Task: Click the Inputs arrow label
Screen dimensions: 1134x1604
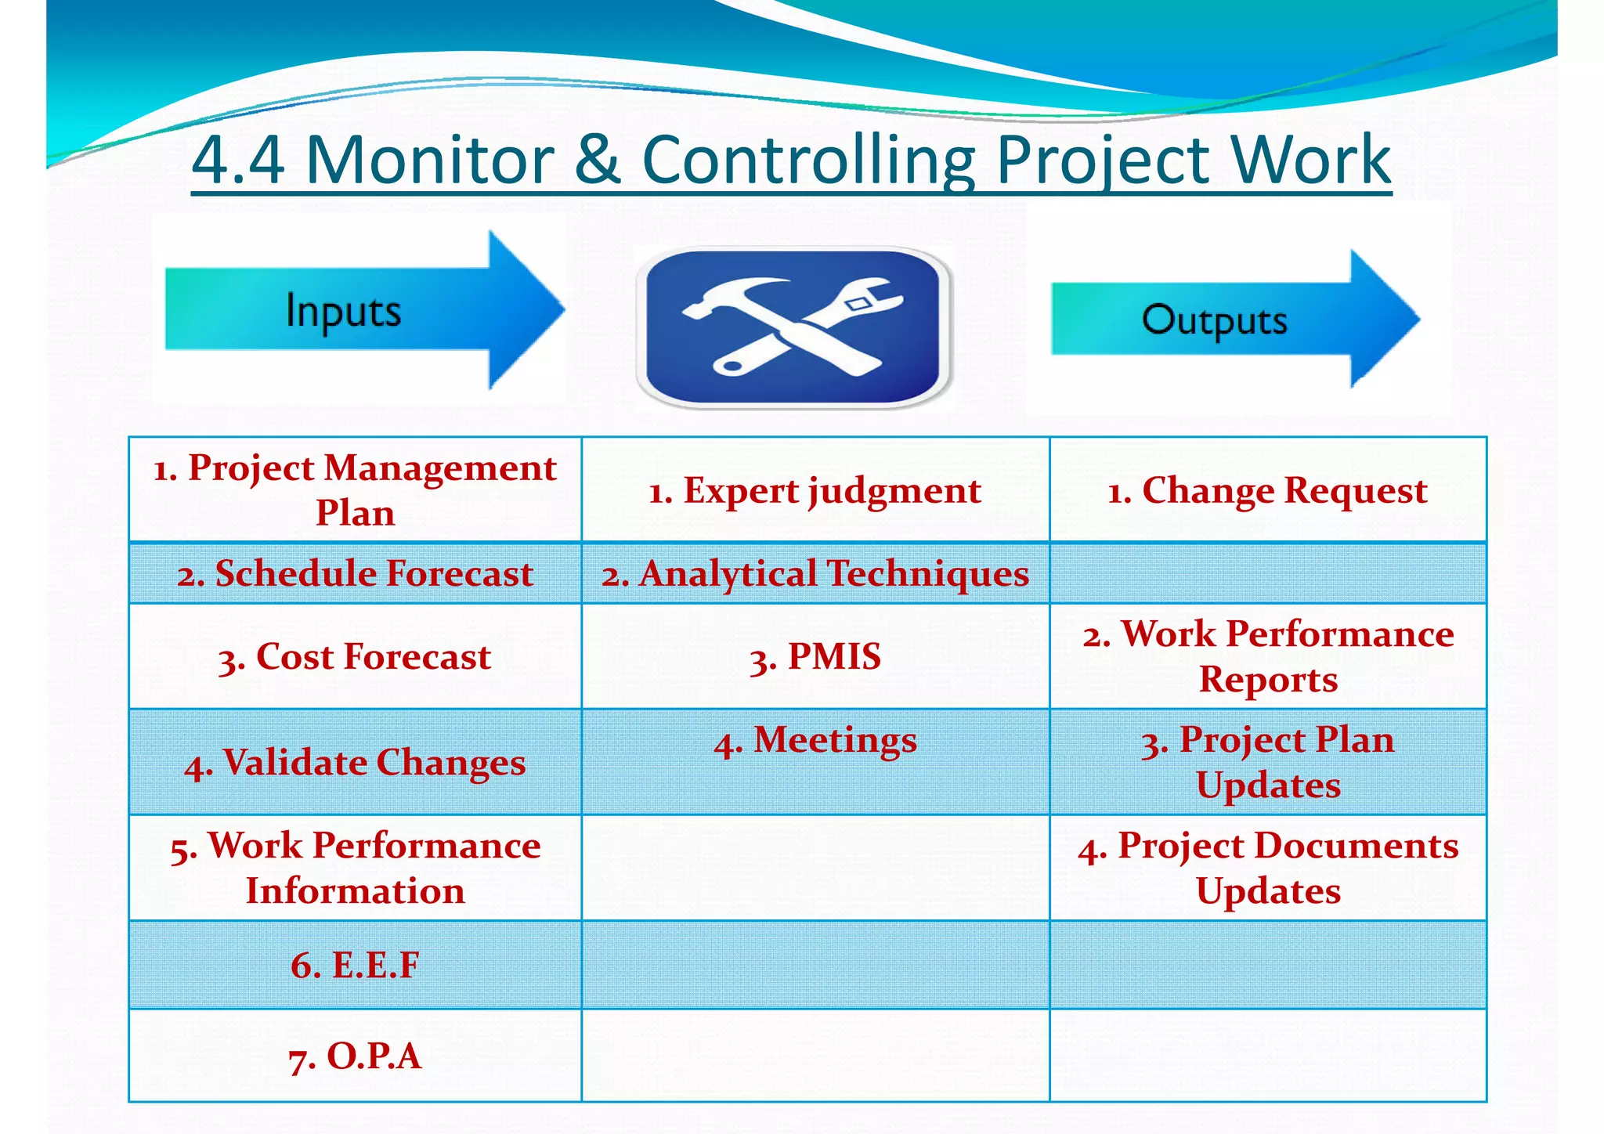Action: point(343,311)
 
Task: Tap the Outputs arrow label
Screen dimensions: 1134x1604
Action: point(1214,320)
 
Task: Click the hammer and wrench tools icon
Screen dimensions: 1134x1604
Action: point(793,327)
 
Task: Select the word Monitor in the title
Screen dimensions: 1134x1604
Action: point(429,160)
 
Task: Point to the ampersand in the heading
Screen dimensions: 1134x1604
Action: point(597,160)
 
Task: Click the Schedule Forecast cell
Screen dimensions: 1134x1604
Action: point(355,573)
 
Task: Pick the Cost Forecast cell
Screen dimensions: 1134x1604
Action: point(355,656)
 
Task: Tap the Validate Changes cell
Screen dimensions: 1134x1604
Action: point(355,762)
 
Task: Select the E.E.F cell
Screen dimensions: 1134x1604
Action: point(355,965)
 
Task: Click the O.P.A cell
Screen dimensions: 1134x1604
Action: point(355,1056)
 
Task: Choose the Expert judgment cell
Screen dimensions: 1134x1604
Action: point(815,490)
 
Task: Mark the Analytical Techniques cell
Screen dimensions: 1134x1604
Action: point(815,573)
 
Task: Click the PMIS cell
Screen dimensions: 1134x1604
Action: point(815,656)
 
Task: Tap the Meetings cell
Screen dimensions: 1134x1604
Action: point(815,740)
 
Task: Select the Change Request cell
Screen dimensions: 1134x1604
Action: point(1267,490)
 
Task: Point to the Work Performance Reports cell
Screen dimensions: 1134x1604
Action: point(1267,656)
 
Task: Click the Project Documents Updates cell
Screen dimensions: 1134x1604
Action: point(1267,868)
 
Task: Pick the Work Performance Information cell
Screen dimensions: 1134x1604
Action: point(355,868)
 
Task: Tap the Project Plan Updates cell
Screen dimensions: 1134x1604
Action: point(1267,762)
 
